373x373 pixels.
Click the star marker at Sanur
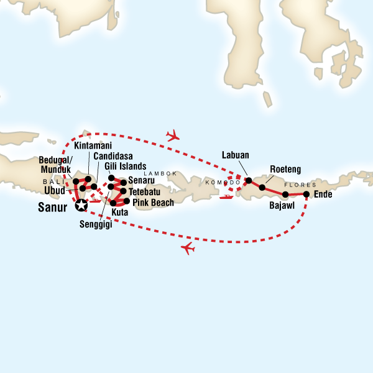pyautogui.click(x=80, y=204)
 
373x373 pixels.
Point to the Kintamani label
pyautogui.click(x=93, y=145)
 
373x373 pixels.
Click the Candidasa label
pyautogui.click(x=113, y=156)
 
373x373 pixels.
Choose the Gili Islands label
pyautogui.click(x=125, y=167)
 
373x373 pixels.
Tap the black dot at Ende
pyautogui.click(x=306, y=194)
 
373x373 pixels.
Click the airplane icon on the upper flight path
pyautogui.click(x=173, y=135)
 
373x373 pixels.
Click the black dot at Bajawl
pyautogui.click(x=285, y=195)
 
